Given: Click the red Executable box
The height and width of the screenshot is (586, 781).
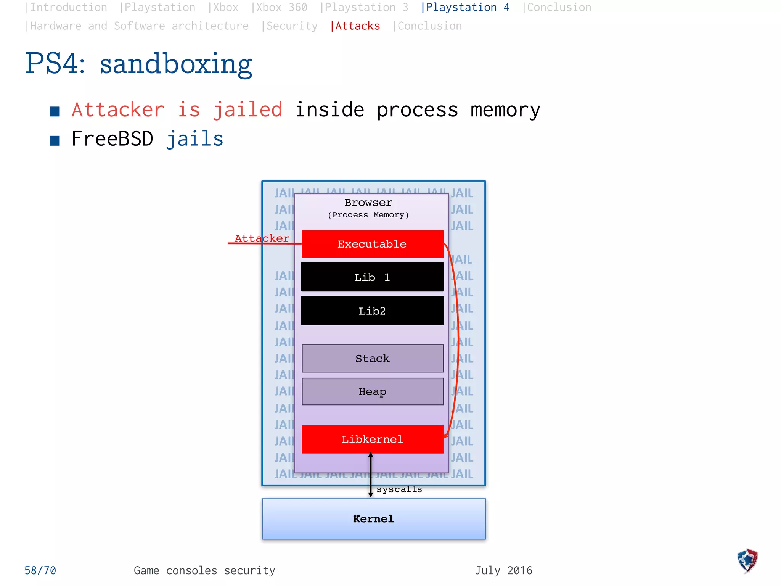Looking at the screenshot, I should pos(372,244).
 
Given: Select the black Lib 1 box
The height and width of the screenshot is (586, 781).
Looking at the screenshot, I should pos(372,277).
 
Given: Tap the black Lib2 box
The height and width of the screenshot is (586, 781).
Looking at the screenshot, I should pos(372,311).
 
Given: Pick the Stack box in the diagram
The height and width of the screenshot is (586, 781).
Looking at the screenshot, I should pos(372,358).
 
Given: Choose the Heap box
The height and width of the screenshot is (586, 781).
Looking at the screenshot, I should pos(372,391).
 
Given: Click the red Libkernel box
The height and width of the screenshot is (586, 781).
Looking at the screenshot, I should pos(372,439).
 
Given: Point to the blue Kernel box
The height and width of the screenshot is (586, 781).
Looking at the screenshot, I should pos(374,519).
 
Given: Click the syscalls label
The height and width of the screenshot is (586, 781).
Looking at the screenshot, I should pos(399,489).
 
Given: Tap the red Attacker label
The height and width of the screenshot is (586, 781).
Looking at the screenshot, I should pos(262,238).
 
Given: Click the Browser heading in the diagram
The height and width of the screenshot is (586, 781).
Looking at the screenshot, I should pos(368,203).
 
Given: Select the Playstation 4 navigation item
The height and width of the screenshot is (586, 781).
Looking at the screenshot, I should pos(465,8).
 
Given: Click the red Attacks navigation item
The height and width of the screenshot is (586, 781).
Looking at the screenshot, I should pos(355,26).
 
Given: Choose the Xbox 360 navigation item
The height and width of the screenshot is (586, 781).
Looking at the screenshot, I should pos(280,8).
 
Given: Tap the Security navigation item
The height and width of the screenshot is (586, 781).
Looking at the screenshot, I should pos(290,26).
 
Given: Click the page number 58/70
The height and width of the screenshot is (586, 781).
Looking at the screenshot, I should pos(40,570).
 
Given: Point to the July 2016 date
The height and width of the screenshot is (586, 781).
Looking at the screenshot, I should pos(503,570).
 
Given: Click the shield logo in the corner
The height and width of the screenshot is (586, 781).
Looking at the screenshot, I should pos(747,561).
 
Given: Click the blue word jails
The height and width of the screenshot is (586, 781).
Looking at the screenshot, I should pos(194,139).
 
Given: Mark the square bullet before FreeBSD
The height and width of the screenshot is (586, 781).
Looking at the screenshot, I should pos(55,140).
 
